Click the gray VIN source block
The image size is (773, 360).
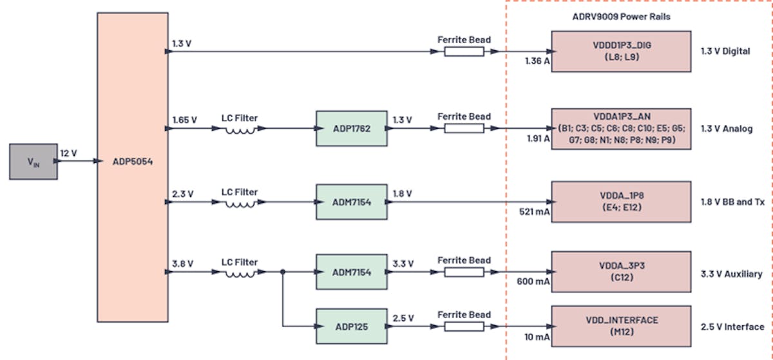click(32, 162)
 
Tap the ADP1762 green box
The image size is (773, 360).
click(351, 128)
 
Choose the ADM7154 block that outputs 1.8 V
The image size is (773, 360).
click(351, 201)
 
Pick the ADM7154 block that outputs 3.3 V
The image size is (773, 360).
click(351, 272)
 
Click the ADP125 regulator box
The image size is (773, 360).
click(351, 327)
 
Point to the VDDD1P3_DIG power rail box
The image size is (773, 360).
click(621, 50)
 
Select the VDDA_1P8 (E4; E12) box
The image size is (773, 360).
click(621, 202)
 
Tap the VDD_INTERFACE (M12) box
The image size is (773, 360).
click(621, 325)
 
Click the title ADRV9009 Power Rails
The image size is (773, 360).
click(621, 17)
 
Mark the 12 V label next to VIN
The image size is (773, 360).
click(70, 153)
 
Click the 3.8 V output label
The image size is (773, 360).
click(183, 263)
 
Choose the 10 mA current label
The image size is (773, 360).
click(534, 337)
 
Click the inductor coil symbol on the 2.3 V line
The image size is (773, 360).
click(240, 204)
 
